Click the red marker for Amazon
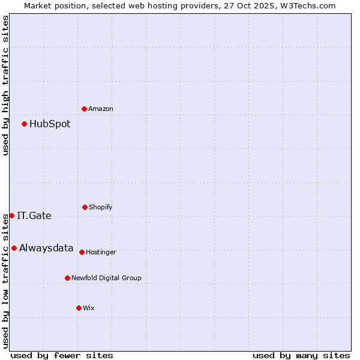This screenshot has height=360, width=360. (x=85, y=109)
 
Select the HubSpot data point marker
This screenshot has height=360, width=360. (x=25, y=124)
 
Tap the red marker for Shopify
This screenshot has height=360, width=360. (x=85, y=207)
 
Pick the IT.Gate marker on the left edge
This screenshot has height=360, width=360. (x=11, y=215)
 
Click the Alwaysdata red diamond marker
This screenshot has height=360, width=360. (x=14, y=248)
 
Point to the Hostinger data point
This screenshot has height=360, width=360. (x=82, y=252)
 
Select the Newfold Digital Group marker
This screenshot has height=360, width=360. (x=67, y=278)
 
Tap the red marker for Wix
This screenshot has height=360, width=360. (x=79, y=308)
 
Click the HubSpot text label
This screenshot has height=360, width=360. (x=50, y=124)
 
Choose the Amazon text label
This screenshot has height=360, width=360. (x=101, y=109)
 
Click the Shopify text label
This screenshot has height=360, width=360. (x=101, y=208)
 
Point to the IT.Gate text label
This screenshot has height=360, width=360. (x=34, y=216)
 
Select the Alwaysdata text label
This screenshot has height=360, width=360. (x=46, y=248)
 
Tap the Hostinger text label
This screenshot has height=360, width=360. (x=101, y=253)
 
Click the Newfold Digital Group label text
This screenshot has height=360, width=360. (x=106, y=278)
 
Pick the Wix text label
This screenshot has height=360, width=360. (x=89, y=308)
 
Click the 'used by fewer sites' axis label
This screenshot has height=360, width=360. (x=62, y=356)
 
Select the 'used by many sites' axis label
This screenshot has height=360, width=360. (x=301, y=356)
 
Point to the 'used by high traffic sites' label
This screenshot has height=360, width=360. (x=6, y=85)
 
